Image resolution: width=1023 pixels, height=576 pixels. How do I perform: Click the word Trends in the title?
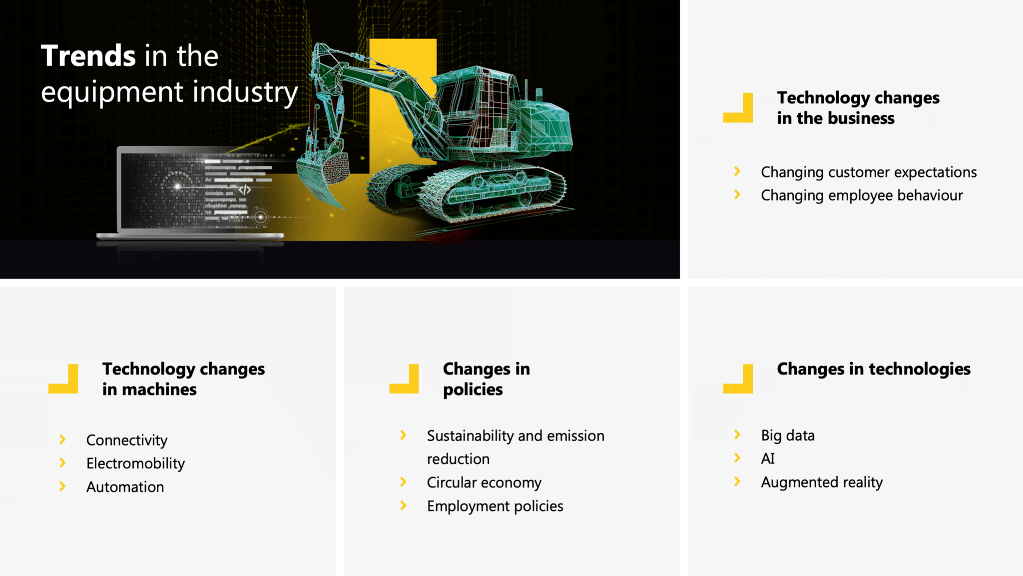88,55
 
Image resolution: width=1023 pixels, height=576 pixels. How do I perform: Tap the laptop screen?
190,190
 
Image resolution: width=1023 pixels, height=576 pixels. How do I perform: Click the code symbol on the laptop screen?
245,189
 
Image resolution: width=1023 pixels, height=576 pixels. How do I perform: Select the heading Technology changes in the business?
858,108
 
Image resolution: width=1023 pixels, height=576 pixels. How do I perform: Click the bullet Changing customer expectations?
868,172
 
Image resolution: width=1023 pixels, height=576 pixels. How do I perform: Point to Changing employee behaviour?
862,195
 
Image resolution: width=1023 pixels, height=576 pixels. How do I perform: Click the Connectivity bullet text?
127,440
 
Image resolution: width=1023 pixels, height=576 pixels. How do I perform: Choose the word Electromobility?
135,463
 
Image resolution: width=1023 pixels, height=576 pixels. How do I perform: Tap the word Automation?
125,487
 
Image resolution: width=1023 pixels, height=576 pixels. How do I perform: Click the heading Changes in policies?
486,379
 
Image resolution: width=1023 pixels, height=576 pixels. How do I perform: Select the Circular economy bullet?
484,482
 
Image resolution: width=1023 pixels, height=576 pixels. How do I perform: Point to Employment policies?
495,506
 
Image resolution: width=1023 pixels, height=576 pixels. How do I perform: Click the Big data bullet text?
788,435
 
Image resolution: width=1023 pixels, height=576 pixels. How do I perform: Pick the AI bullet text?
768,458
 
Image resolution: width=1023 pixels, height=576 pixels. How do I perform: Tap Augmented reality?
822,482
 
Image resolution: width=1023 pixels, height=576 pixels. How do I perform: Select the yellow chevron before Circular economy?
403,482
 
